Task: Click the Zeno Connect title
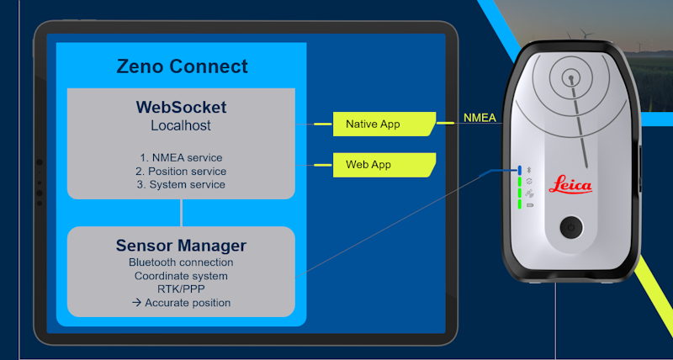click(182, 66)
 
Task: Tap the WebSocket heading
click(181, 109)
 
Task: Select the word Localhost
click(181, 126)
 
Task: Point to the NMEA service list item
click(181, 157)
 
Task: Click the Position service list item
click(181, 171)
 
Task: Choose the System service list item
click(181, 184)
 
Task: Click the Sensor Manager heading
click(181, 246)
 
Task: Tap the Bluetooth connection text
click(181, 262)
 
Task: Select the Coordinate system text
click(181, 276)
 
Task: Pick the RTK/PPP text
click(181, 289)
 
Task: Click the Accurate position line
click(181, 303)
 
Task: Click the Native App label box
click(383, 124)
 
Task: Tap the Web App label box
click(383, 165)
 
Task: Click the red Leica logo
click(571, 185)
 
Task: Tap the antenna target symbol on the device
click(571, 78)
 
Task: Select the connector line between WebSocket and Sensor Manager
click(181, 213)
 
